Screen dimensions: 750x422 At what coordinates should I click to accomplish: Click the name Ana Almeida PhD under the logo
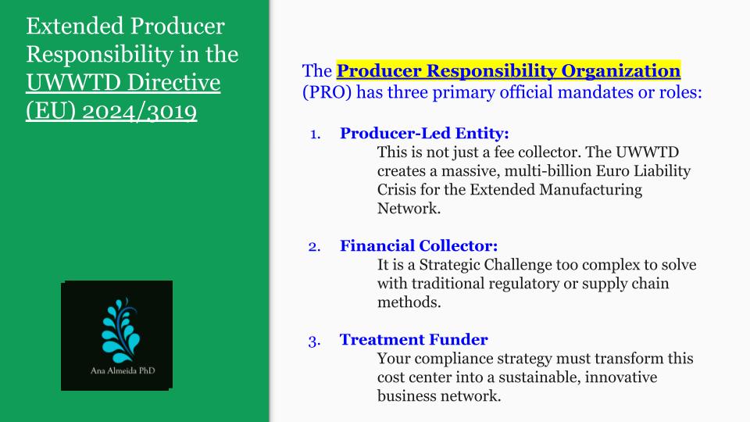click(x=123, y=370)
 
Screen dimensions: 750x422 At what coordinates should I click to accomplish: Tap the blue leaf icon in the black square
click(x=120, y=330)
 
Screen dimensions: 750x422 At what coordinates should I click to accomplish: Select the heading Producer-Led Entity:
click(x=424, y=133)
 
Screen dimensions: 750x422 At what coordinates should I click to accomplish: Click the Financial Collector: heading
click(x=419, y=245)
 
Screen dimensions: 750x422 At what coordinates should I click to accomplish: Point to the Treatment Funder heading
click(x=414, y=339)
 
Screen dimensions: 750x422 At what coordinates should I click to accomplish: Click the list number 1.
click(x=315, y=134)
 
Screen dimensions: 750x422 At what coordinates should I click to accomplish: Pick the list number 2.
click(x=314, y=247)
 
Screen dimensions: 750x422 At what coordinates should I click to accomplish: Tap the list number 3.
click(x=314, y=342)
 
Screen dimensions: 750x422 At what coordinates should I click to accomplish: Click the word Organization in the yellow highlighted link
click(x=620, y=71)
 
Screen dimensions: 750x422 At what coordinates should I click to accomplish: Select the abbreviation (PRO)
click(x=327, y=92)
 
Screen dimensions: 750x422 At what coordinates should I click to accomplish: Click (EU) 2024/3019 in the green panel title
click(x=112, y=111)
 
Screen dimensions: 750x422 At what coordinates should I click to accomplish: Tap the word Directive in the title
click(x=173, y=82)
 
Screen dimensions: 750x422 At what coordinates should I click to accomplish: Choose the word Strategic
click(x=450, y=265)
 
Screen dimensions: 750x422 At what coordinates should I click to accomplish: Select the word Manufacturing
click(x=591, y=189)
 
